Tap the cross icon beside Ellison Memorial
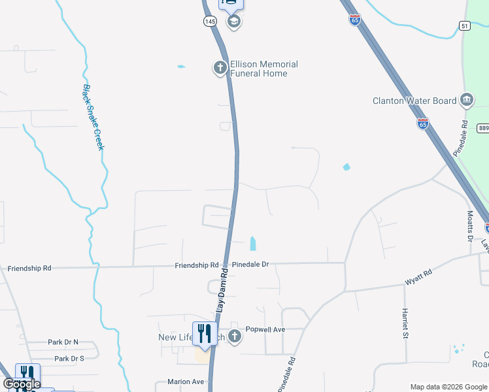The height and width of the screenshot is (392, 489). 220,67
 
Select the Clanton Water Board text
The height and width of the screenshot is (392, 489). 414,101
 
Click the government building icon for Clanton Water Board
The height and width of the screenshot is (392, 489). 467,100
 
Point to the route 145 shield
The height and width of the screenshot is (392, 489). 210,22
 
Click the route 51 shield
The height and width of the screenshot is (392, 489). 465,25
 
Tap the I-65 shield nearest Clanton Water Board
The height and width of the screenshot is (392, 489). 422,123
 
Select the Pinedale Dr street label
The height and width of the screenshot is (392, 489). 250,265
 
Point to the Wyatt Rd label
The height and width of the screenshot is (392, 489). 418,276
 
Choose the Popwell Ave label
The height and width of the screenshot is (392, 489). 265,330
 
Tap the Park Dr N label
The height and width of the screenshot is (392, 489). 63,342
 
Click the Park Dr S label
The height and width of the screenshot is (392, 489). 69,359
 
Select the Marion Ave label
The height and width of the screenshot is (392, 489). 186,382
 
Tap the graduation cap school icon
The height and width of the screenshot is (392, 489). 233,22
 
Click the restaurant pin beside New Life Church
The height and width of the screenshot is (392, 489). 204,334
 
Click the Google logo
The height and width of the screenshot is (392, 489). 22,384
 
